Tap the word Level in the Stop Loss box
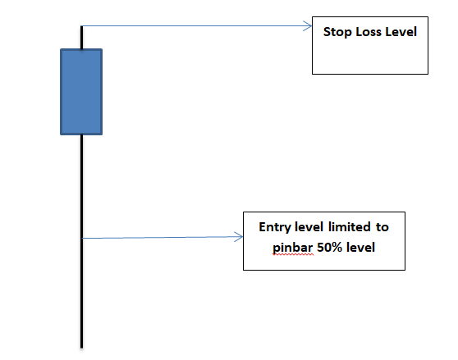pos(401,31)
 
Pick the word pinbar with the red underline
pos(293,248)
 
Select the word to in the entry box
pos(382,227)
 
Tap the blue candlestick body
pos(81,92)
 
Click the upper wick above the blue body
pos(81,38)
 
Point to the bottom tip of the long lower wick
pos(81,348)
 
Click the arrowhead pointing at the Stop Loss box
pos(308,26)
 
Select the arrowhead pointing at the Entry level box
pos(239,237)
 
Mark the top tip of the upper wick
pos(81,26)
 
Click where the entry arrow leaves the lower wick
pos(83,239)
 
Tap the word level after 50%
pos(360,248)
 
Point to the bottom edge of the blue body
pos(81,134)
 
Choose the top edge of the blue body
pos(81,49)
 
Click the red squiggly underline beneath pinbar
pos(293,254)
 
